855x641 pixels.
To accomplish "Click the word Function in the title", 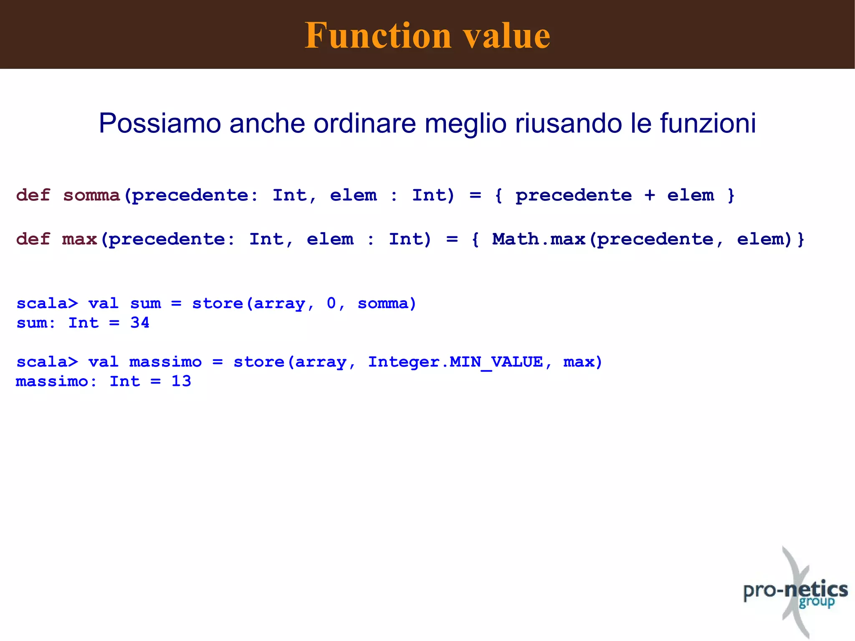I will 378,35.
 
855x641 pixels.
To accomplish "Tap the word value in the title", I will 507,35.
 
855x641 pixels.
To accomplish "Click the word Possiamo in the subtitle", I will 159,124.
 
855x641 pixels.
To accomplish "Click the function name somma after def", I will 91,195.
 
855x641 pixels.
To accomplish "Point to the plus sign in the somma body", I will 649,195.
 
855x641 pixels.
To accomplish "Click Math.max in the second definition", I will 539,239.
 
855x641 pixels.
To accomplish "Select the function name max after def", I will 79,239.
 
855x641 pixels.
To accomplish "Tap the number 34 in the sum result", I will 139,323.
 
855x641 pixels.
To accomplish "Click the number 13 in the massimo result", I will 181,381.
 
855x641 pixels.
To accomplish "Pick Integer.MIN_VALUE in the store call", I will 455,362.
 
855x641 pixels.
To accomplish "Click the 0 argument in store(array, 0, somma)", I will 331,304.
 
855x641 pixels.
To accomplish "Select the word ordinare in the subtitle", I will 364,124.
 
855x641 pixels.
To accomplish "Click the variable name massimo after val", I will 165,362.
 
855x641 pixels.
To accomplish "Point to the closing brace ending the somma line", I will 731,195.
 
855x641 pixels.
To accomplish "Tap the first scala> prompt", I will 47,304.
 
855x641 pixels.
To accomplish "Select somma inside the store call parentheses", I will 382,304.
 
